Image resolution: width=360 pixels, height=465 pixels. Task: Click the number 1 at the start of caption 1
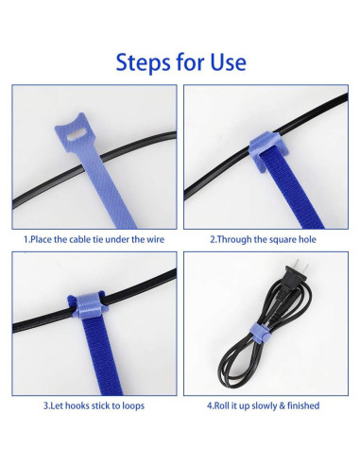[x=26, y=239]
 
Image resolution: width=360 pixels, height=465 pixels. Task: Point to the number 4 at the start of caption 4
[x=210, y=405]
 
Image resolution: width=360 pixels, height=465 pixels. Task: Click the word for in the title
[x=189, y=63]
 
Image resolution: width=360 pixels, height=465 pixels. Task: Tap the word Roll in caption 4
[x=222, y=405]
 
